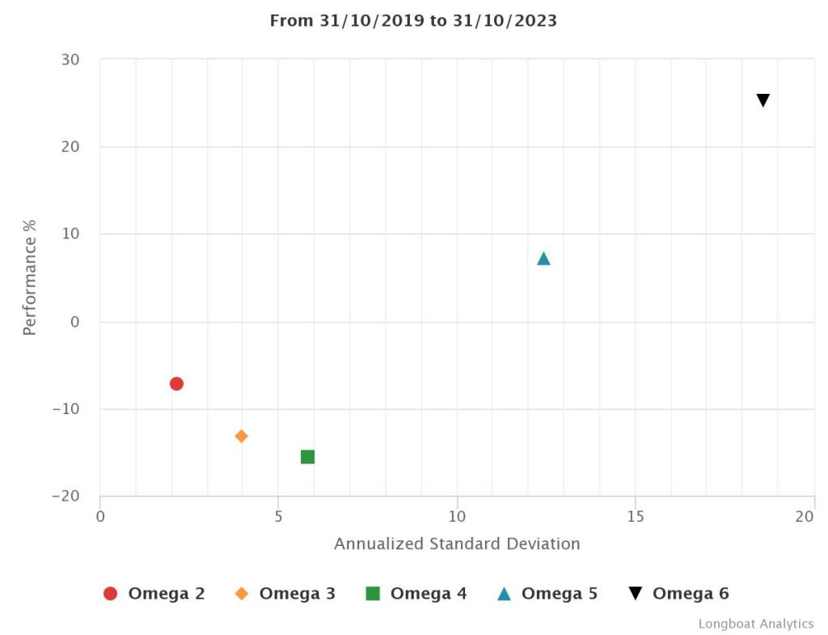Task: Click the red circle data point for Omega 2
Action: [176, 383]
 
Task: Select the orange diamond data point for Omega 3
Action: [241, 436]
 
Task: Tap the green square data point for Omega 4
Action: [307, 457]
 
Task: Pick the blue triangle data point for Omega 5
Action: [543, 259]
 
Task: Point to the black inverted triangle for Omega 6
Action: [763, 100]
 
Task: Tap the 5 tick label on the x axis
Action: [279, 516]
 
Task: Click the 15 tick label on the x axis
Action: [636, 516]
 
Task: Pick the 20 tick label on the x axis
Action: [804, 516]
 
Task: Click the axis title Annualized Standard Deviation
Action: [457, 544]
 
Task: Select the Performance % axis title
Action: [30, 277]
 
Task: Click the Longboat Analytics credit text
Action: [756, 624]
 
